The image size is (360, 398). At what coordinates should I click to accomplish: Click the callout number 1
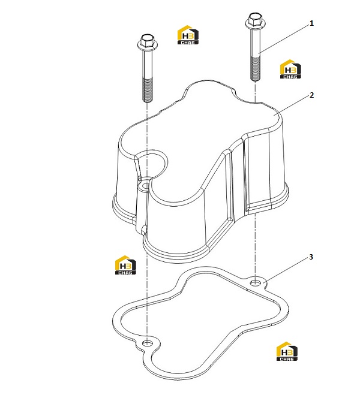(x=311, y=23)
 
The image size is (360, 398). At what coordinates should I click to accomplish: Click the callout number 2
(x=312, y=95)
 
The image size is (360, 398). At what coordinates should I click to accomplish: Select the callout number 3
(x=311, y=257)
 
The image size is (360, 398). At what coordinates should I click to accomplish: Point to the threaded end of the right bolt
(x=256, y=68)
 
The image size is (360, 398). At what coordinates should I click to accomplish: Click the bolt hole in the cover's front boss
(x=146, y=186)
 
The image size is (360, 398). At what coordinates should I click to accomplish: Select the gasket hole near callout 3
(x=255, y=282)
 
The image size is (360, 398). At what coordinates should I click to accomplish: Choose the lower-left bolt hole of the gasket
(x=147, y=343)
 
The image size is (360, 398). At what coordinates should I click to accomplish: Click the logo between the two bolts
(x=188, y=35)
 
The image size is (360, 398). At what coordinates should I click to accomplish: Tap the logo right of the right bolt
(x=290, y=69)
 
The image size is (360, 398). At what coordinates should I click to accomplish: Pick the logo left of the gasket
(x=125, y=265)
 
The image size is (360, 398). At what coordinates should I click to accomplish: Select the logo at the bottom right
(x=287, y=351)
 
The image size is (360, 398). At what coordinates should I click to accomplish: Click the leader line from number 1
(x=284, y=39)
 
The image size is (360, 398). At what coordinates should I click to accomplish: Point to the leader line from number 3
(x=286, y=270)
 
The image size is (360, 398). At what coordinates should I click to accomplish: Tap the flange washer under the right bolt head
(x=256, y=25)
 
